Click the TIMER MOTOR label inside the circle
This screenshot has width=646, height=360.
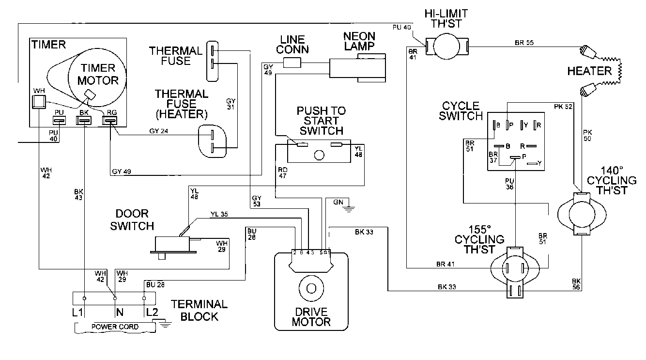[98, 74]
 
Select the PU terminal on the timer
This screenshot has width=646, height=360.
[59, 120]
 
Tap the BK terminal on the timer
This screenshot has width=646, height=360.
[84, 120]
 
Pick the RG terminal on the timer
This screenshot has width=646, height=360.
[110, 120]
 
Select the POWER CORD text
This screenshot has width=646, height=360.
[115, 327]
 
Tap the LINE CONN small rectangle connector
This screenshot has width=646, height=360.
[292, 62]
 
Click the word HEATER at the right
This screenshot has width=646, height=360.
[589, 71]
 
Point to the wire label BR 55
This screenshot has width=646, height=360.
[524, 43]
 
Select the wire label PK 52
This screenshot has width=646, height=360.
[563, 106]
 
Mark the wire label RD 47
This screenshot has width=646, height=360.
[283, 173]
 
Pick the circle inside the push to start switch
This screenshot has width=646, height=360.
[319, 155]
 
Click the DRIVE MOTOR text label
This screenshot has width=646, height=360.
[311, 317]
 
